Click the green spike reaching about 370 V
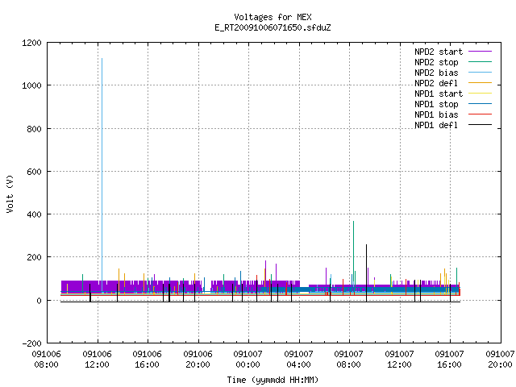pos(353,253)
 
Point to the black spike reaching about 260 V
pos(366,273)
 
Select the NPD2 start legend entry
pos(453,52)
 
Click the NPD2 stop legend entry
pos(453,62)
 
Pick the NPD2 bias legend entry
pos(453,73)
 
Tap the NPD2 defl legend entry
pos(453,83)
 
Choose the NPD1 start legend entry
pos(453,94)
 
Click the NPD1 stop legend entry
pos(453,104)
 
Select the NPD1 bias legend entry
pos(453,114)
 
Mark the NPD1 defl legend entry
pos(453,126)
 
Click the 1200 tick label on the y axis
pos(31,43)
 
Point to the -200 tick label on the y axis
pos(31,343)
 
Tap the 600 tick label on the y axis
pos(34,172)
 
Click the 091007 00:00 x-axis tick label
pos(248,360)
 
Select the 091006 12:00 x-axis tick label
pos(97,360)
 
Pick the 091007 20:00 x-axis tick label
pos(500,360)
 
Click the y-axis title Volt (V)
pos(10,193)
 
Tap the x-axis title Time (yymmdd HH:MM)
pos(273,380)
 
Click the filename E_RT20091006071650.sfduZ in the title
pos(273,27)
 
